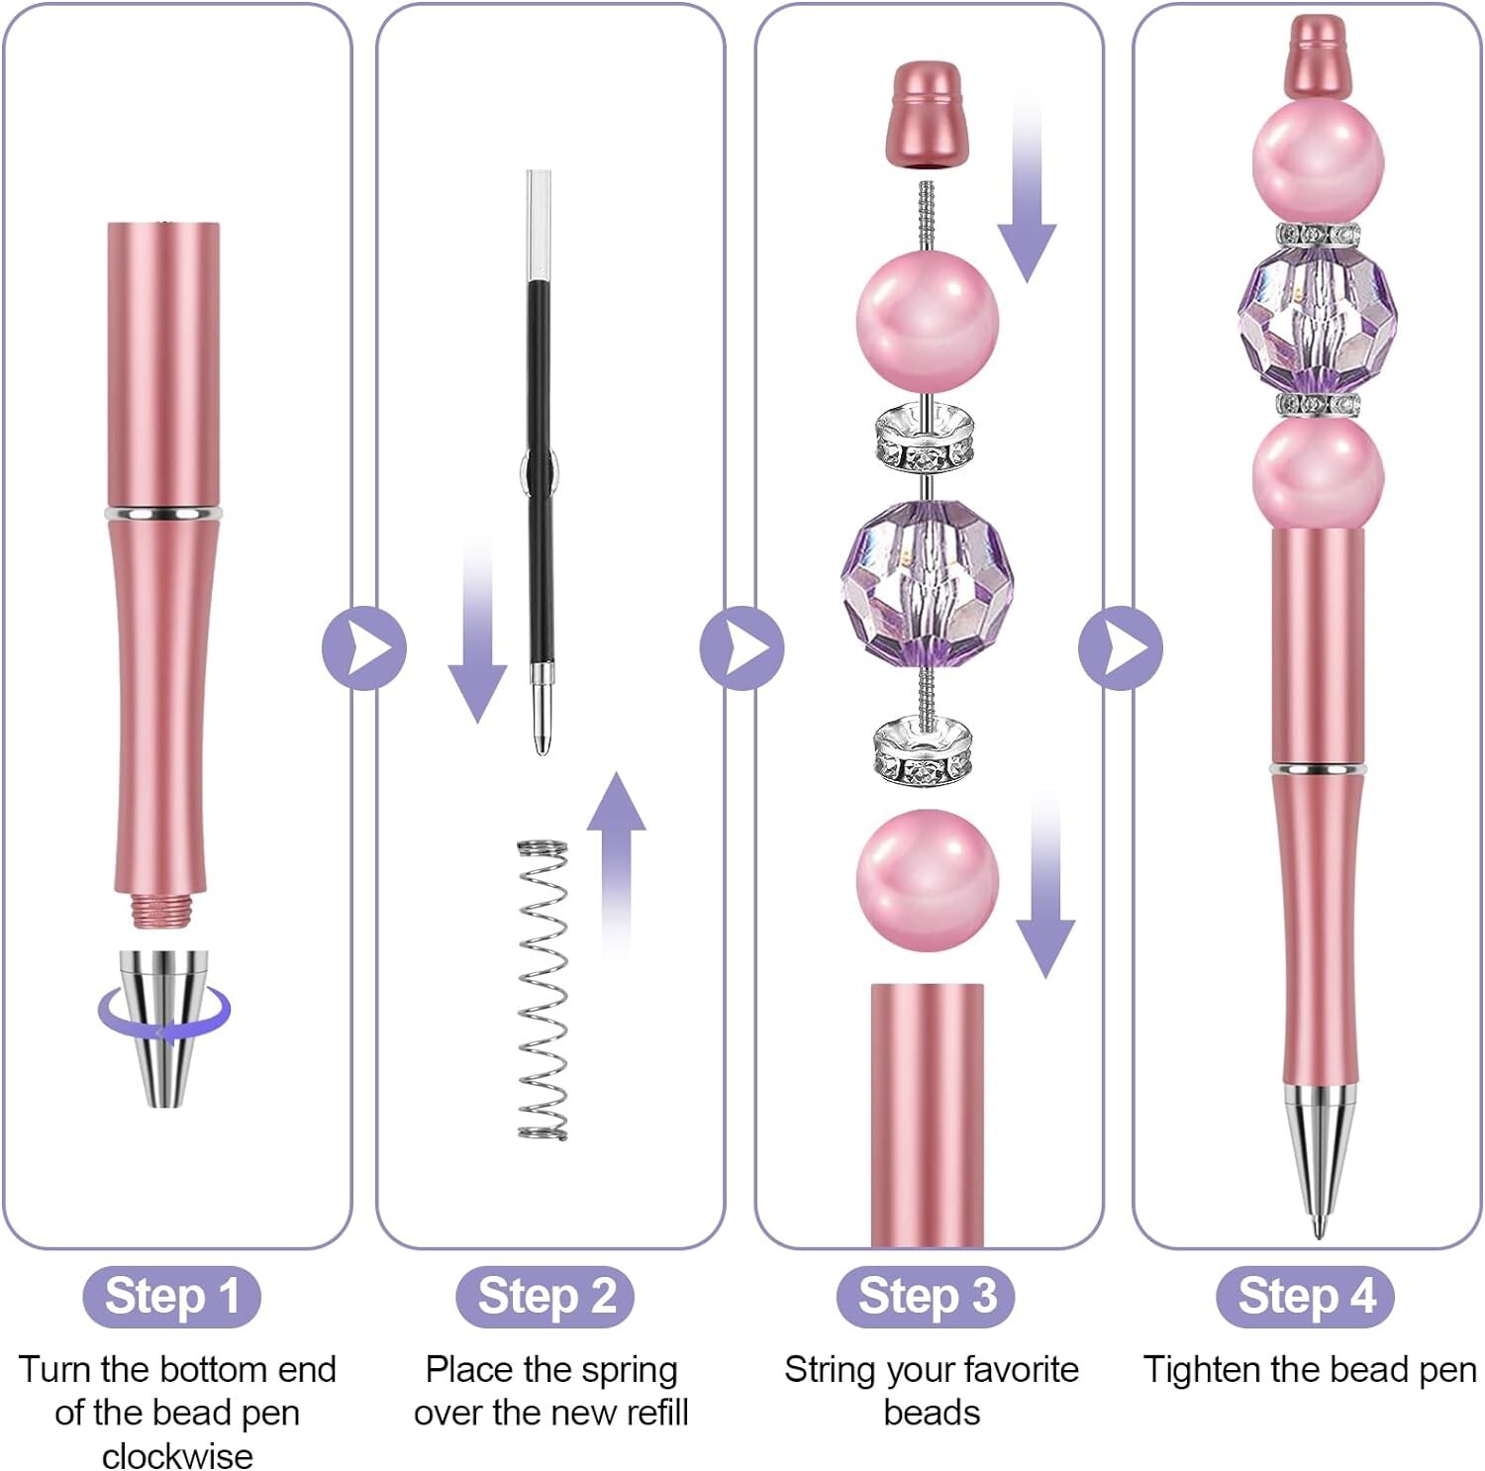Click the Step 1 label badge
[171, 1296]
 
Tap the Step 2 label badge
[544, 1296]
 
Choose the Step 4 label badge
[1305, 1296]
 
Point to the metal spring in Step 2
[543, 990]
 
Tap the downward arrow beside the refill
[478, 634]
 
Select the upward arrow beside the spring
[616, 861]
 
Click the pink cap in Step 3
[926, 114]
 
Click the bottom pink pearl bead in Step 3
[926, 879]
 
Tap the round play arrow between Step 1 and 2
[364, 648]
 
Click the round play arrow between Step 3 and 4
[1121, 648]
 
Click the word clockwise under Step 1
[177, 1455]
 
